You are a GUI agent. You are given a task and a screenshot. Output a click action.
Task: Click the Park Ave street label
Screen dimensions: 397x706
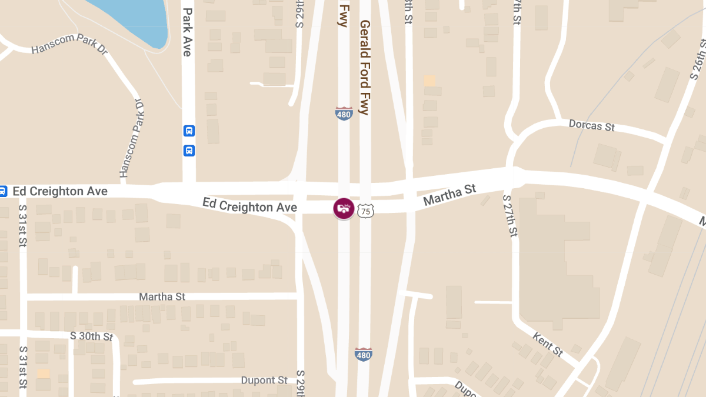(x=187, y=32)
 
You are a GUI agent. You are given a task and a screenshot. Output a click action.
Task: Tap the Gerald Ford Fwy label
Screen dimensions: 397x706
(x=365, y=67)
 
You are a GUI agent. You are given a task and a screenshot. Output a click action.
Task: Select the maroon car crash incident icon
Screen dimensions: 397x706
(x=344, y=208)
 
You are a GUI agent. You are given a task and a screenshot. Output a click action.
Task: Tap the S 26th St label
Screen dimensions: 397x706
(x=698, y=58)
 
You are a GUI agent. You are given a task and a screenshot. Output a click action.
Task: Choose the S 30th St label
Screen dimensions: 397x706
(x=91, y=336)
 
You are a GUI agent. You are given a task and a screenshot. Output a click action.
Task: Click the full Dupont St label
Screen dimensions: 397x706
(x=264, y=381)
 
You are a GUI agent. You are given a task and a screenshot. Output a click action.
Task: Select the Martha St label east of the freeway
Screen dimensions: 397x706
(x=449, y=195)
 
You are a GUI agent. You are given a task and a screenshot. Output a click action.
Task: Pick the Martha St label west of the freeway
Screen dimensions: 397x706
(x=162, y=296)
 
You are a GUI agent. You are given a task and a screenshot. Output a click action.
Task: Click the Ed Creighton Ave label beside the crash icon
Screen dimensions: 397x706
(x=249, y=206)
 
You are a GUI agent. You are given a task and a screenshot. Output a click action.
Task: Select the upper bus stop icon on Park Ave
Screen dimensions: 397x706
(x=189, y=131)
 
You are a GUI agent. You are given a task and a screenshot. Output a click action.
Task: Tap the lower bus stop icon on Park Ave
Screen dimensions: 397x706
(x=189, y=151)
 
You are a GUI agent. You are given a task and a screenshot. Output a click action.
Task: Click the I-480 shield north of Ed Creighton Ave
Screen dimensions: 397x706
(x=344, y=114)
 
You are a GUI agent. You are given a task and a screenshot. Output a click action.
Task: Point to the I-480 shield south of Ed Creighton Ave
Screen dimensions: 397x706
(x=364, y=354)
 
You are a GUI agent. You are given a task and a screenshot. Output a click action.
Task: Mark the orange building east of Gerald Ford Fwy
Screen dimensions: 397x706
(x=429, y=81)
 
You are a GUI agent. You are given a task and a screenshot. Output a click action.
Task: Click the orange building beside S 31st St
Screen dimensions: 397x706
(x=43, y=373)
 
